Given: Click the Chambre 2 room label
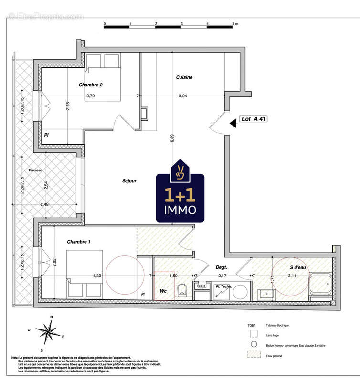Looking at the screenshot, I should pos(91,85).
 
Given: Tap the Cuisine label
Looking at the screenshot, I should pos(184,77).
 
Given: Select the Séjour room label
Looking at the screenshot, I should pos(129,181).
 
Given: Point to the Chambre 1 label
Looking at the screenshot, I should pos(79,242).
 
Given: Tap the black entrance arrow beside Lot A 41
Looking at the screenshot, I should pos(233,123).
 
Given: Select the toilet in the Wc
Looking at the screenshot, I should pos(181,289).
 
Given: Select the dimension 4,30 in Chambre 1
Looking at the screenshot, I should pos(96,276).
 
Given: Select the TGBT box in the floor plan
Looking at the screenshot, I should pos(201,286).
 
